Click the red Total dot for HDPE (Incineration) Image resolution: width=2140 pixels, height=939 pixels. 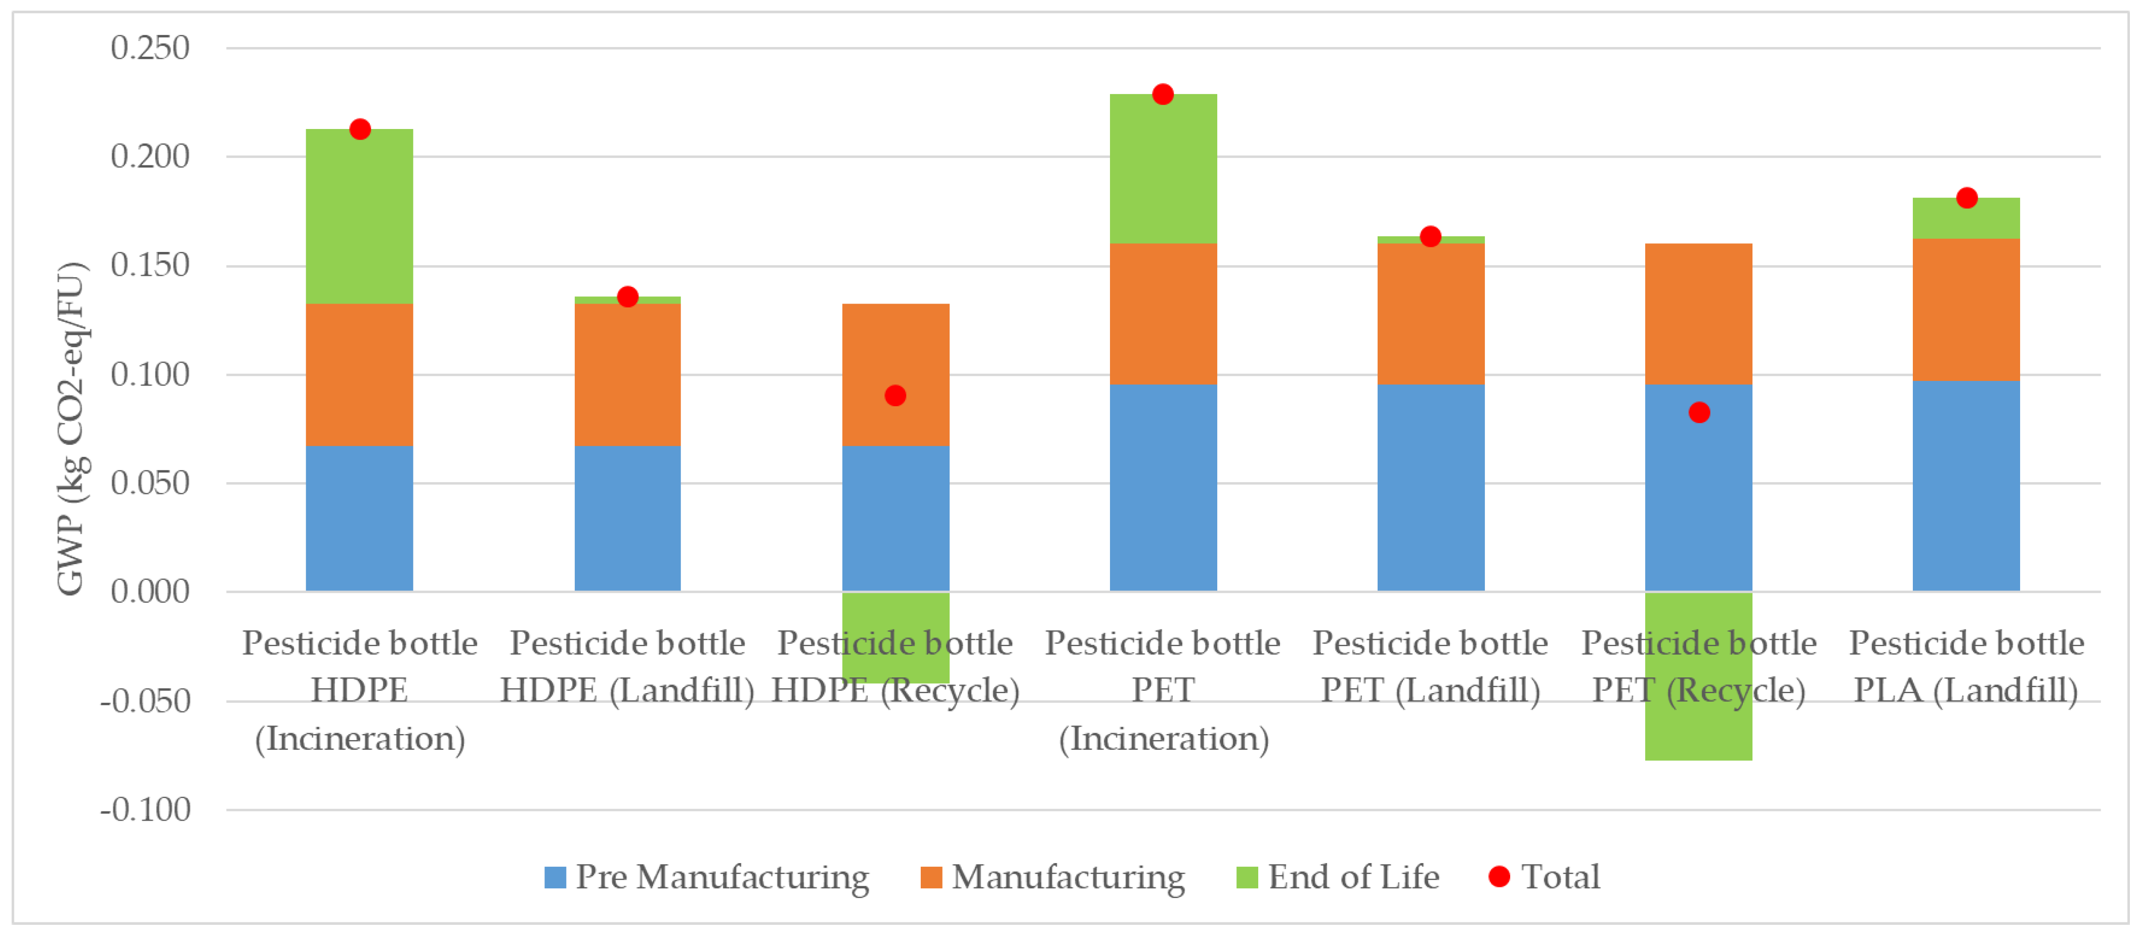[x=360, y=130]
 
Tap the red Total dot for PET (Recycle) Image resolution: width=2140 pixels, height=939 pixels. [x=1699, y=412]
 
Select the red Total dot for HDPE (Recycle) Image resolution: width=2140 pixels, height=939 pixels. [x=895, y=396]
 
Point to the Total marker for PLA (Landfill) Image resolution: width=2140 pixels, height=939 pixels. [x=1966, y=198]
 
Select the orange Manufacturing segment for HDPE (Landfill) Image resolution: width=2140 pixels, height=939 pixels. [x=627, y=374]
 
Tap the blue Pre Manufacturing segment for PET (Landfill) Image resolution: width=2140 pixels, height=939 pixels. [x=1431, y=488]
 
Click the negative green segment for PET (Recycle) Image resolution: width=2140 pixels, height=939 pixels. [x=1699, y=731]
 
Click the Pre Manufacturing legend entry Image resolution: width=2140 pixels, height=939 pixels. [x=706, y=877]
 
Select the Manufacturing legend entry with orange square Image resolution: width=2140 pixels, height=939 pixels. [x=1053, y=877]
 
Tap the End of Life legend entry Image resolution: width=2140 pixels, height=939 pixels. [x=1338, y=877]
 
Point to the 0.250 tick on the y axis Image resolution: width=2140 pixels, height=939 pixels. [x=150, y=48]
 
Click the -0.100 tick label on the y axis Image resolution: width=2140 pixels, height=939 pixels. [x=145, y=809]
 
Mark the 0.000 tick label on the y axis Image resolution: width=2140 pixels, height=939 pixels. [x=150, y=591]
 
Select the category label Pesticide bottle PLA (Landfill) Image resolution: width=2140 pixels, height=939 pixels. [x=1966, y=666]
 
